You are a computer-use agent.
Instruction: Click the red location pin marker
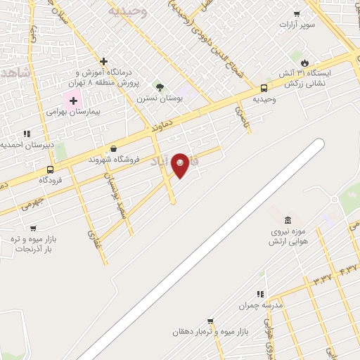tap(180, 165)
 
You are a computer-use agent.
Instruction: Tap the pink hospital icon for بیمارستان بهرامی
tap(73, 101)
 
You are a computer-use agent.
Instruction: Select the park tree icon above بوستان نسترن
tap(160, 87)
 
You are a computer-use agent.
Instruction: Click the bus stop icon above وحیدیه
tap(264, 89)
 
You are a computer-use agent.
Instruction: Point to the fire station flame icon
tap(304, 62)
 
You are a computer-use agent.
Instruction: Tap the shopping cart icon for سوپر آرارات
tap(297, 13)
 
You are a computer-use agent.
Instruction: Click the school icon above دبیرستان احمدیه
tap(27, 133)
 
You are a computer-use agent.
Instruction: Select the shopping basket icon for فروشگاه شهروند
tap(114, 148)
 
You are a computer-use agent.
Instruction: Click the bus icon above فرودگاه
tap(50, 169)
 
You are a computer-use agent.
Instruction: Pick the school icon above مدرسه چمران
tap(259, 294)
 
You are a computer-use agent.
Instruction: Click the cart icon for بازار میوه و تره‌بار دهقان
tap(210, 321)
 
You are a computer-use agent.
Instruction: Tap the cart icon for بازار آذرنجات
tap(33, 228)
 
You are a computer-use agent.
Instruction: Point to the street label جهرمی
tap(32, 205)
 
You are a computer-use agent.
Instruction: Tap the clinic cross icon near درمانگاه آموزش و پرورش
tap(104, 62)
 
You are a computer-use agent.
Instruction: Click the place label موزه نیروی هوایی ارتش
tap(289, 236)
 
